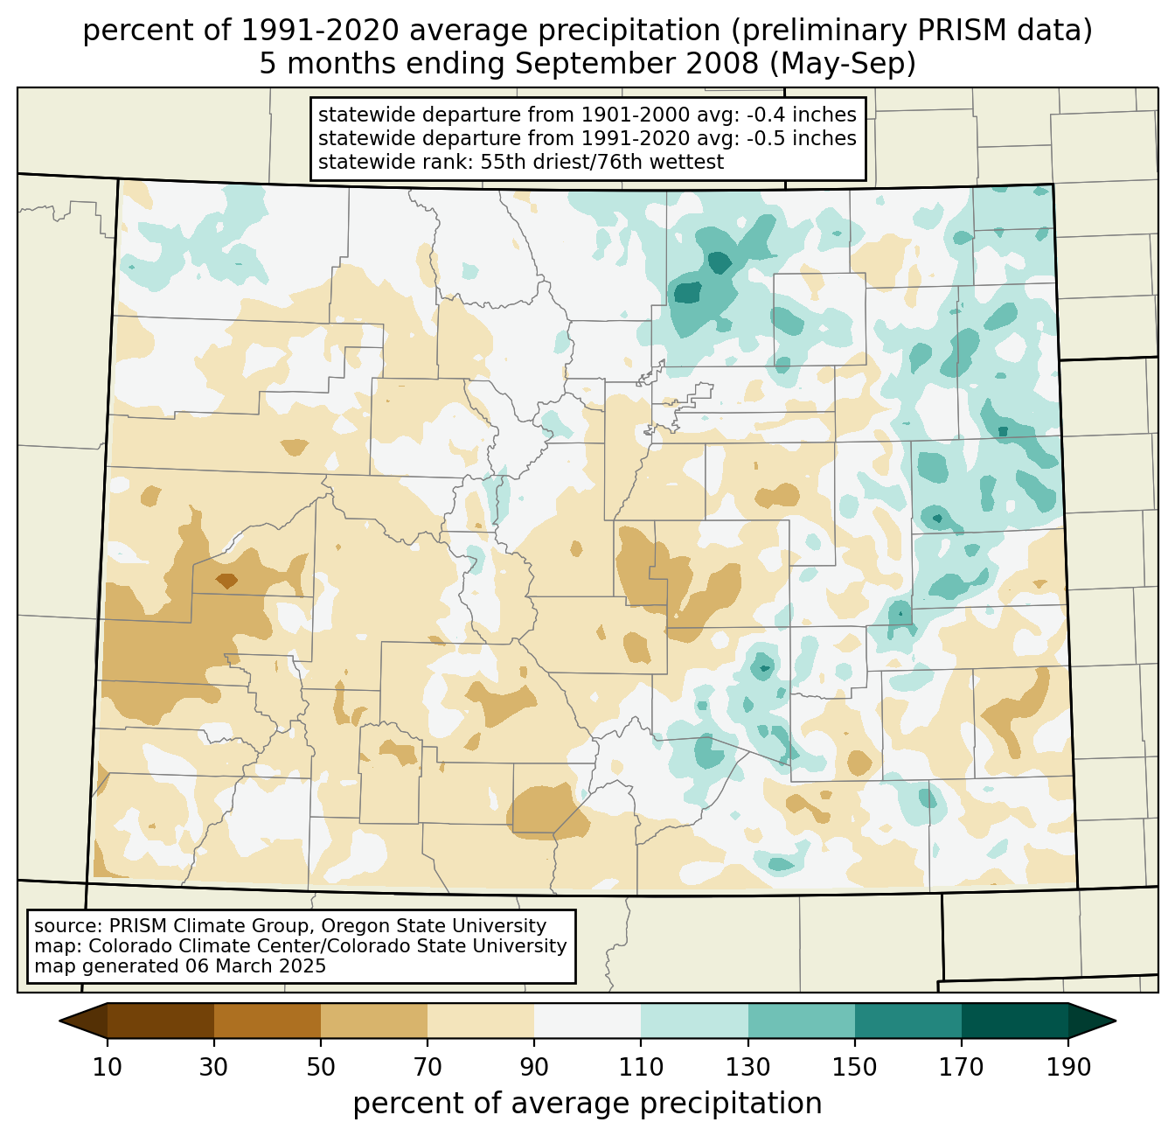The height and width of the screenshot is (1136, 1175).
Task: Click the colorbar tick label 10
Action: (x=108, y=1067)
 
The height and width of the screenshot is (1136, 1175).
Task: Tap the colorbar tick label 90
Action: (x=534, y=1067)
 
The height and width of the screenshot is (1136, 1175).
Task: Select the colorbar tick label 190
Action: (x=1068, y=1067)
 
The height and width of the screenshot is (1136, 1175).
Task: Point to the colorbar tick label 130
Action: (x=748, y=1067)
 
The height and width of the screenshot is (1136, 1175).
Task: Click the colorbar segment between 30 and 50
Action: (x=268, y=1021)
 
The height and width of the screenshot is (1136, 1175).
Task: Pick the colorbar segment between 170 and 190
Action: (x=1014, y=1021)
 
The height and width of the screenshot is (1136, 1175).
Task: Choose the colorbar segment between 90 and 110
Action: (x=587, y=1021)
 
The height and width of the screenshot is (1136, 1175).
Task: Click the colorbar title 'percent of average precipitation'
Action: (x=587, y=1104)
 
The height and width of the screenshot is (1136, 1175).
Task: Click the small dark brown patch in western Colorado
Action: (x=226, y=580)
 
